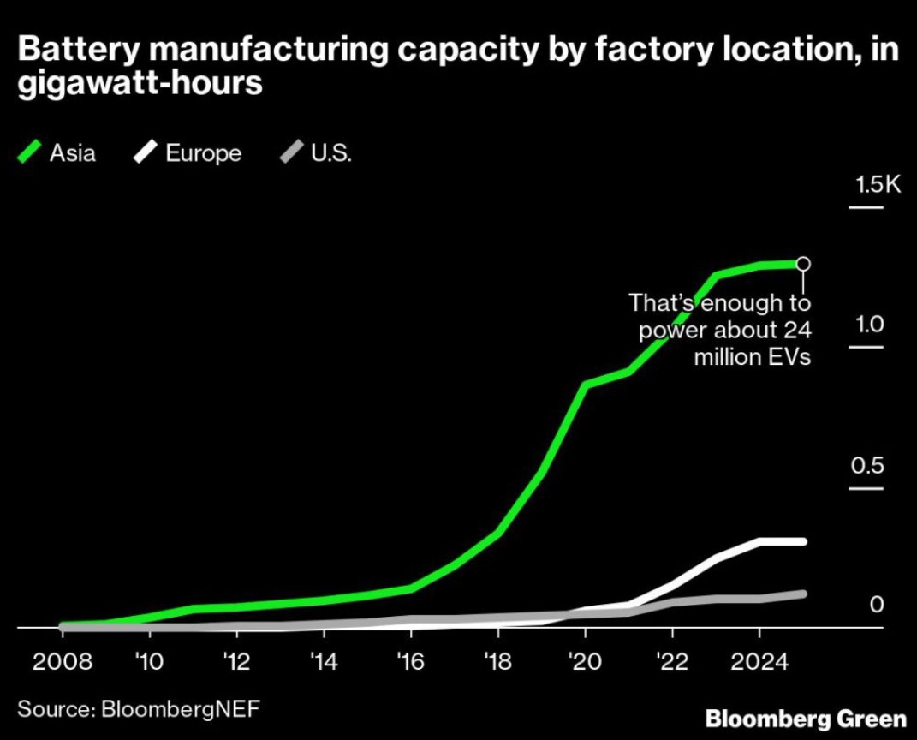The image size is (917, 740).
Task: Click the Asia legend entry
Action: [58, 153]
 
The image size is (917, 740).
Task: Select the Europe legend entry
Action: [188, 153]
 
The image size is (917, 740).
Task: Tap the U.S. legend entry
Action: [317, 153]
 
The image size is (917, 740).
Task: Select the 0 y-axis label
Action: [876, 605]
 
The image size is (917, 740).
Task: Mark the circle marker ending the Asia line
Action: [803, 264]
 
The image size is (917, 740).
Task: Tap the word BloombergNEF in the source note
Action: [179, 709]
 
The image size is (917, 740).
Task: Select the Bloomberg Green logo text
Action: [805, 718]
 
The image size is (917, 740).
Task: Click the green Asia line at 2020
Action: [586, 385]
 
